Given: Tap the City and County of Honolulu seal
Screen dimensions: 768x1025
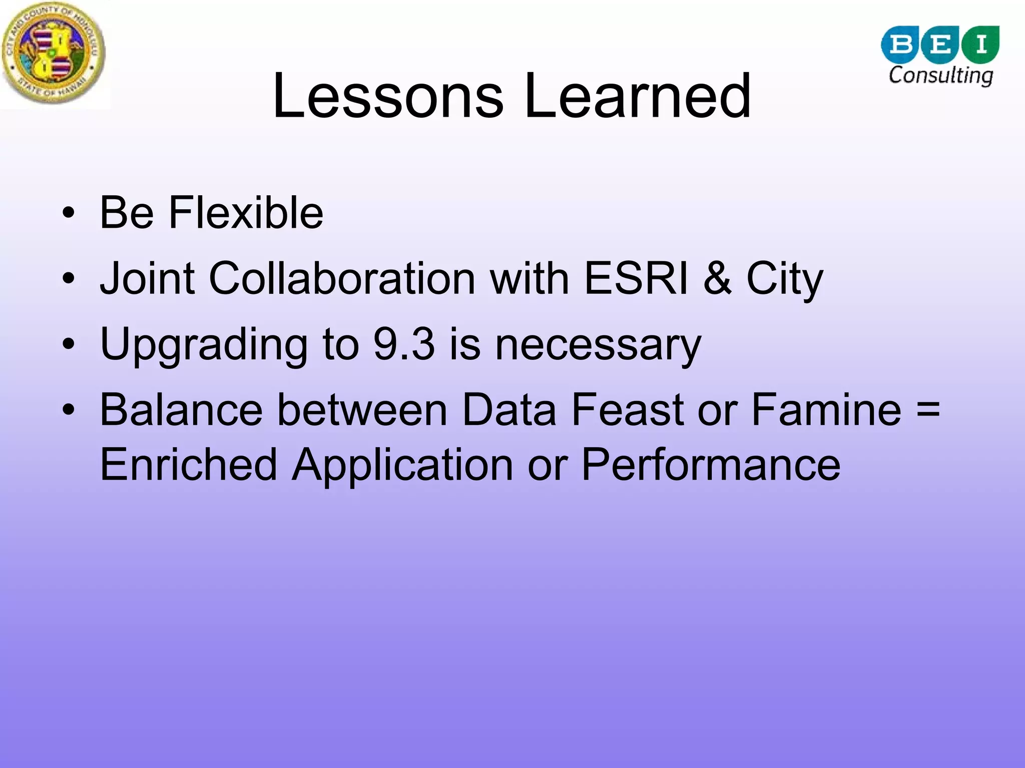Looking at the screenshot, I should [x=53, y=54].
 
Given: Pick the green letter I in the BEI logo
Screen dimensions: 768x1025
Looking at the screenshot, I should [x=980, y=44].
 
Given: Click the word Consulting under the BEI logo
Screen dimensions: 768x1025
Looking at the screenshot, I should [x=940, y=76].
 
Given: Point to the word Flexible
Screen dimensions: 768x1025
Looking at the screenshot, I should [x=246, y=213].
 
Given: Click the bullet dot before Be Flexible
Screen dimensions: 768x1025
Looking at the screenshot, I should [x=69, y=213].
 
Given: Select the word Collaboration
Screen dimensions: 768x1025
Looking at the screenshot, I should [x=342, y=278].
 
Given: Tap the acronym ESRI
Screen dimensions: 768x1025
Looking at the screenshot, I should [x=637, y=278].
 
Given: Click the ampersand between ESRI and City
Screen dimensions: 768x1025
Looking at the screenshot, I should [x=718, y=278].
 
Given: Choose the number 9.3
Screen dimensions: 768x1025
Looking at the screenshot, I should [x=404, y=344].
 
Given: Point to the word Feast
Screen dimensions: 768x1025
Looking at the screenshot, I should [x=627, y=410].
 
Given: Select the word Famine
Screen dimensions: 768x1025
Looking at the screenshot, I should [x=826, y=410].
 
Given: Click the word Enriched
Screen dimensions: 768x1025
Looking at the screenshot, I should [x=188, y=465].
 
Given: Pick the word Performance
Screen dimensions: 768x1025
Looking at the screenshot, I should [x=711, y=465].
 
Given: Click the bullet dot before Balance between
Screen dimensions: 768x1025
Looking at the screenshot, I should [x=69, y=410].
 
